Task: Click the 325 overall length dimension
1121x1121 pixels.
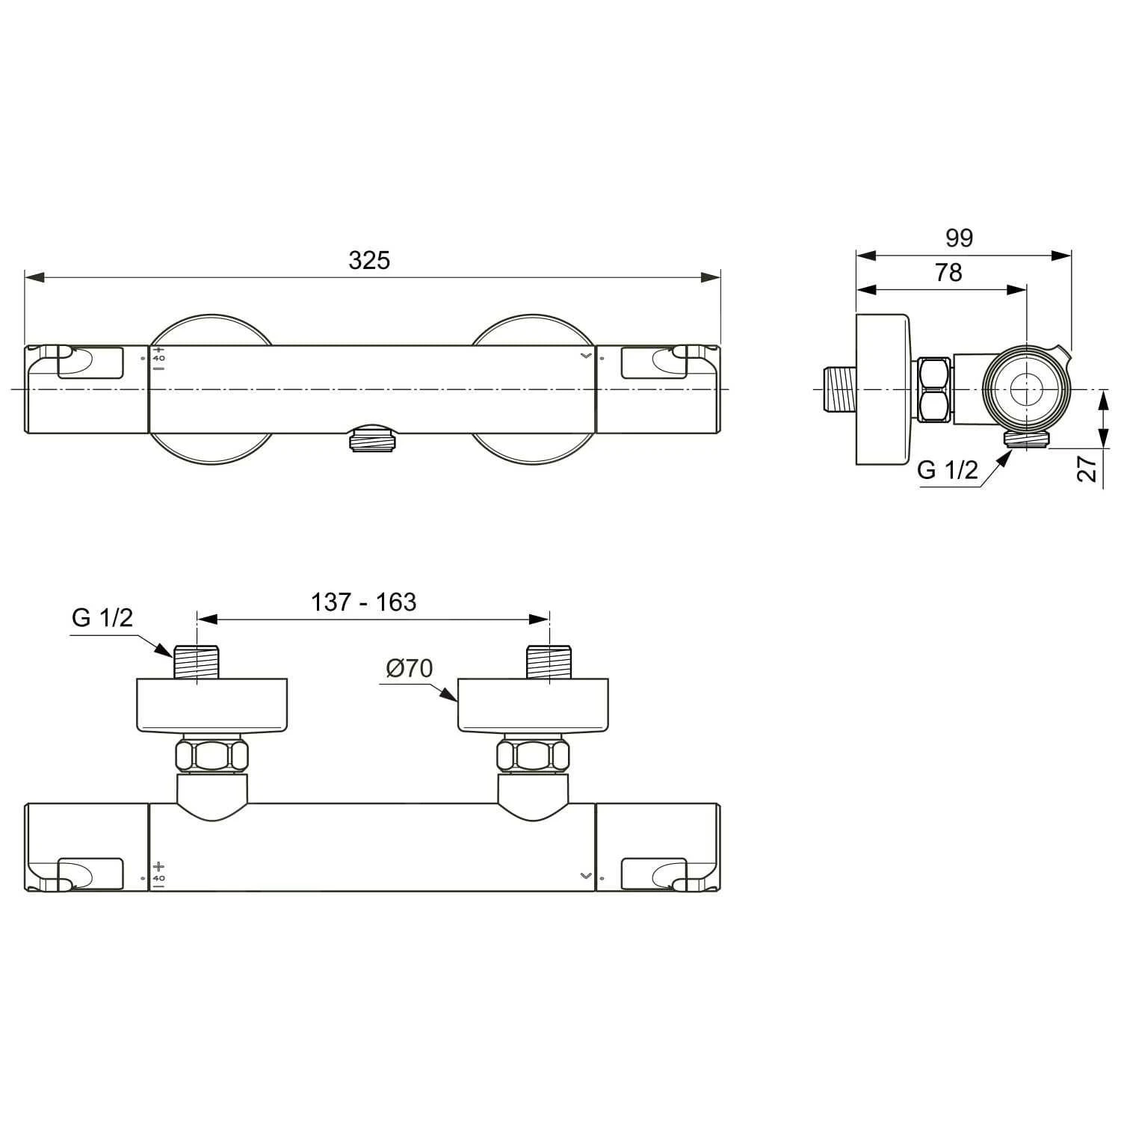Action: pos(369,260)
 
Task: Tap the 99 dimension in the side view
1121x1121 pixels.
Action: pos(959,238)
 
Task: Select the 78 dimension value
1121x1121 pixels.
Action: pos(948,273)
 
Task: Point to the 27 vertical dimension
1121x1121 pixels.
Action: pos(1088,469)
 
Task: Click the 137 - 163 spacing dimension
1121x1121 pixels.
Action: pos(363,602)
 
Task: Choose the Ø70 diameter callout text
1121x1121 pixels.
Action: pos(410,668)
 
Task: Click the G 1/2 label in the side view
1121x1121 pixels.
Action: pos(947,470)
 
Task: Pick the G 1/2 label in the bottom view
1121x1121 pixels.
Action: pos(102,617)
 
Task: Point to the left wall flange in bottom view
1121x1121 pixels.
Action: pos(211,705)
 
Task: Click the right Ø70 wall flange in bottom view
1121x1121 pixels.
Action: pos(534,705)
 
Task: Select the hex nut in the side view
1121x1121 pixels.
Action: pos(934,390)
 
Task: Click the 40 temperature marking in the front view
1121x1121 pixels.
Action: pos(159,359)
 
